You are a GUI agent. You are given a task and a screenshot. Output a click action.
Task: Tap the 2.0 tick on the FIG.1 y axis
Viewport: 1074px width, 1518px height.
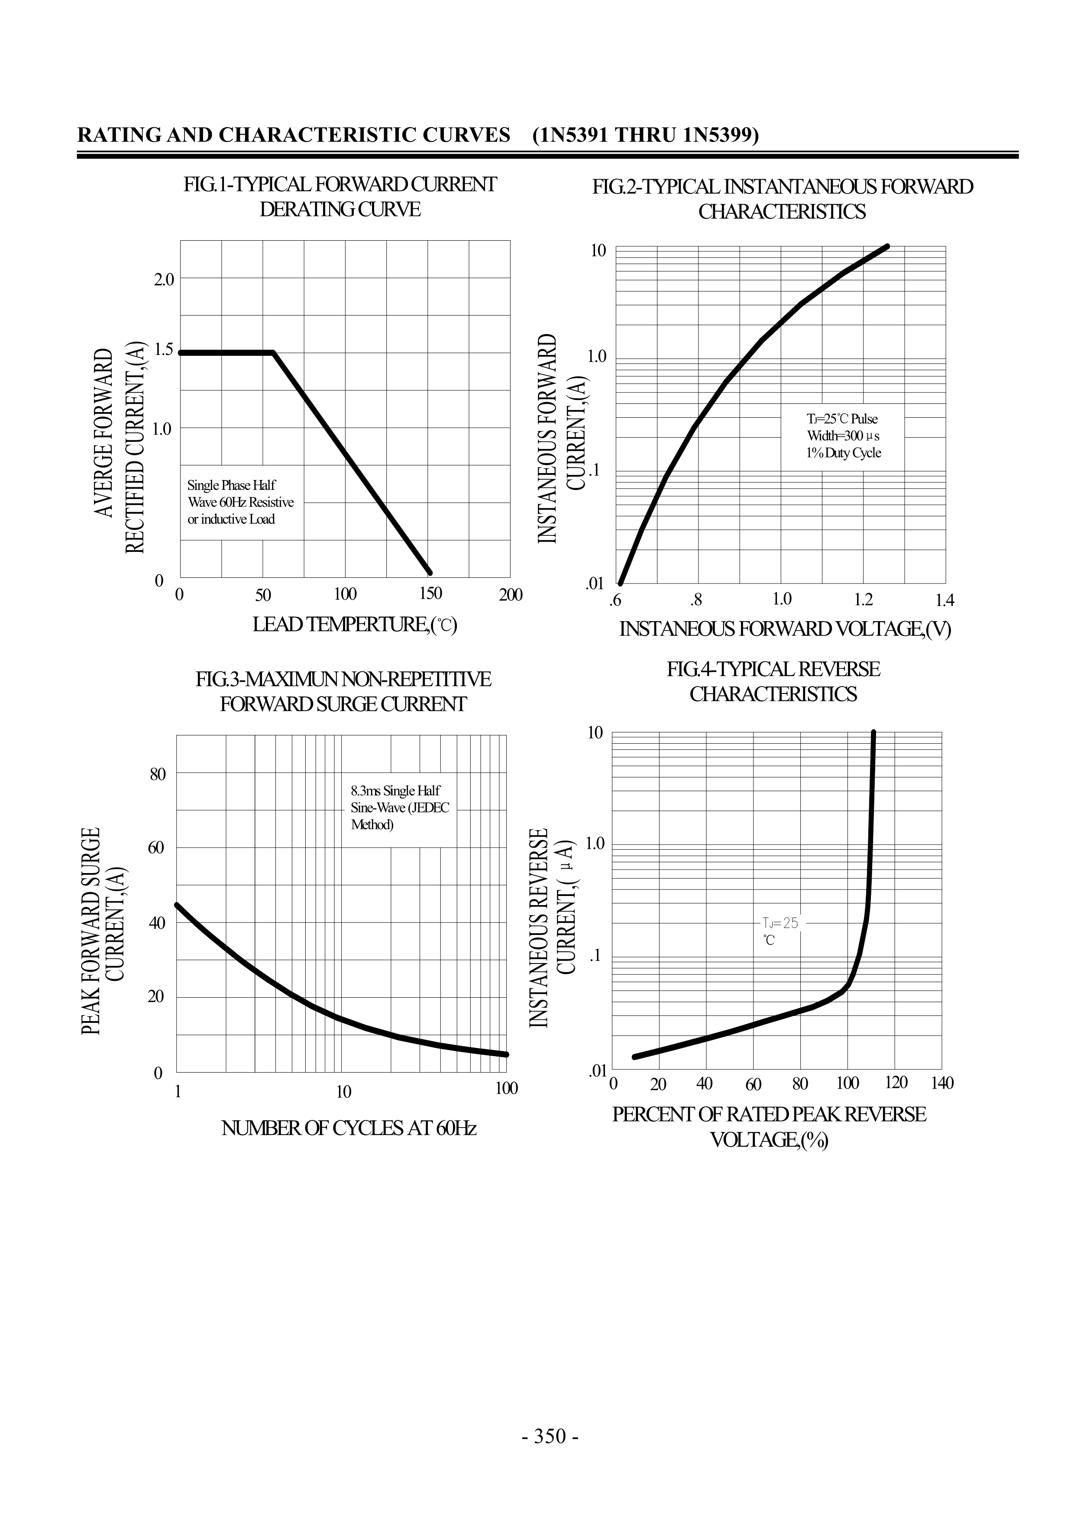click(x=163, y=279)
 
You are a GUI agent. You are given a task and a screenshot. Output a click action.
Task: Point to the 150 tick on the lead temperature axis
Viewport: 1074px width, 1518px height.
click(x=430, y=594)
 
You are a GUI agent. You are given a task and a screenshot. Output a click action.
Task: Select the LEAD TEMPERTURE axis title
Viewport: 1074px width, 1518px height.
click(x=355, y=624)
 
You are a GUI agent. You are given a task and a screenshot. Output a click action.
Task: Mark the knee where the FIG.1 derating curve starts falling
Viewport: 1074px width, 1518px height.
click(x=273, y=353)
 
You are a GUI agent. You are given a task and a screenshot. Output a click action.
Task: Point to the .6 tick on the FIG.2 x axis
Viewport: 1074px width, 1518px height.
click(x=615, y=600)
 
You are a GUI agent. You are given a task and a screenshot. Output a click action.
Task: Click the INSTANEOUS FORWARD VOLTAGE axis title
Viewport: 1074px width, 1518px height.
click(x=784, y=629)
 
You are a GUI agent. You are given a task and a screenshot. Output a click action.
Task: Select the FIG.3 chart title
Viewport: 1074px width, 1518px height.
click(x=343, y=692)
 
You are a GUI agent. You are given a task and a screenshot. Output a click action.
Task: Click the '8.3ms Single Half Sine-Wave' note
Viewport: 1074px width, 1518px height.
click(x=399, y=807)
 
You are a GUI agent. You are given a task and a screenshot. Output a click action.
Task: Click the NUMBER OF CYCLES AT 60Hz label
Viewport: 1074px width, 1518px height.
click(x=349, y=1128)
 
